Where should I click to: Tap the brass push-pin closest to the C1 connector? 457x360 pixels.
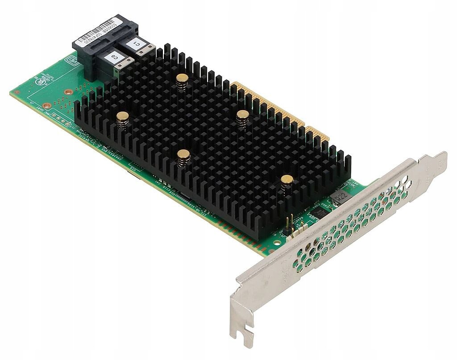[x=182, y=79]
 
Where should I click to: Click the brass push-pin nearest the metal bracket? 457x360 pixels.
[x=287, y=180]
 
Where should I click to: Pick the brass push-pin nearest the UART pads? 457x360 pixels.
[x=122, y=117]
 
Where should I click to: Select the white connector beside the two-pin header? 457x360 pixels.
[x=296, y=232]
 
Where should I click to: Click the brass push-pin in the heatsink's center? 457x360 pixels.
[x=183, y=154]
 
